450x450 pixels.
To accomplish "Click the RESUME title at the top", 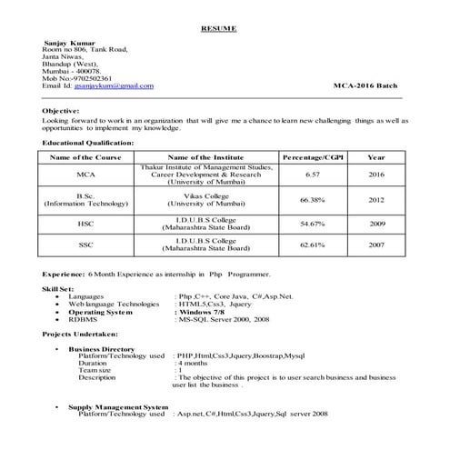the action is point(218,29).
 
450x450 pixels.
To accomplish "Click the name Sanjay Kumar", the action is point(67,43).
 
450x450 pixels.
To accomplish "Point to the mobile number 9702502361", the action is point(90,77).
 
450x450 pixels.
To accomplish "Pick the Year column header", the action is point(375,158).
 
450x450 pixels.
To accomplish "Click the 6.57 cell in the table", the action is point(312,174).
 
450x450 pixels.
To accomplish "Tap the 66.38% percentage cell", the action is point(312,200).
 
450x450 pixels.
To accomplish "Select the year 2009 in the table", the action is point(375,223).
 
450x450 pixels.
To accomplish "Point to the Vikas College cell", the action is point(208,195).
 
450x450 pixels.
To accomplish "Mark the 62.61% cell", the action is point(312,245).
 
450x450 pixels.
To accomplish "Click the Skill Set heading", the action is point(59,286).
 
